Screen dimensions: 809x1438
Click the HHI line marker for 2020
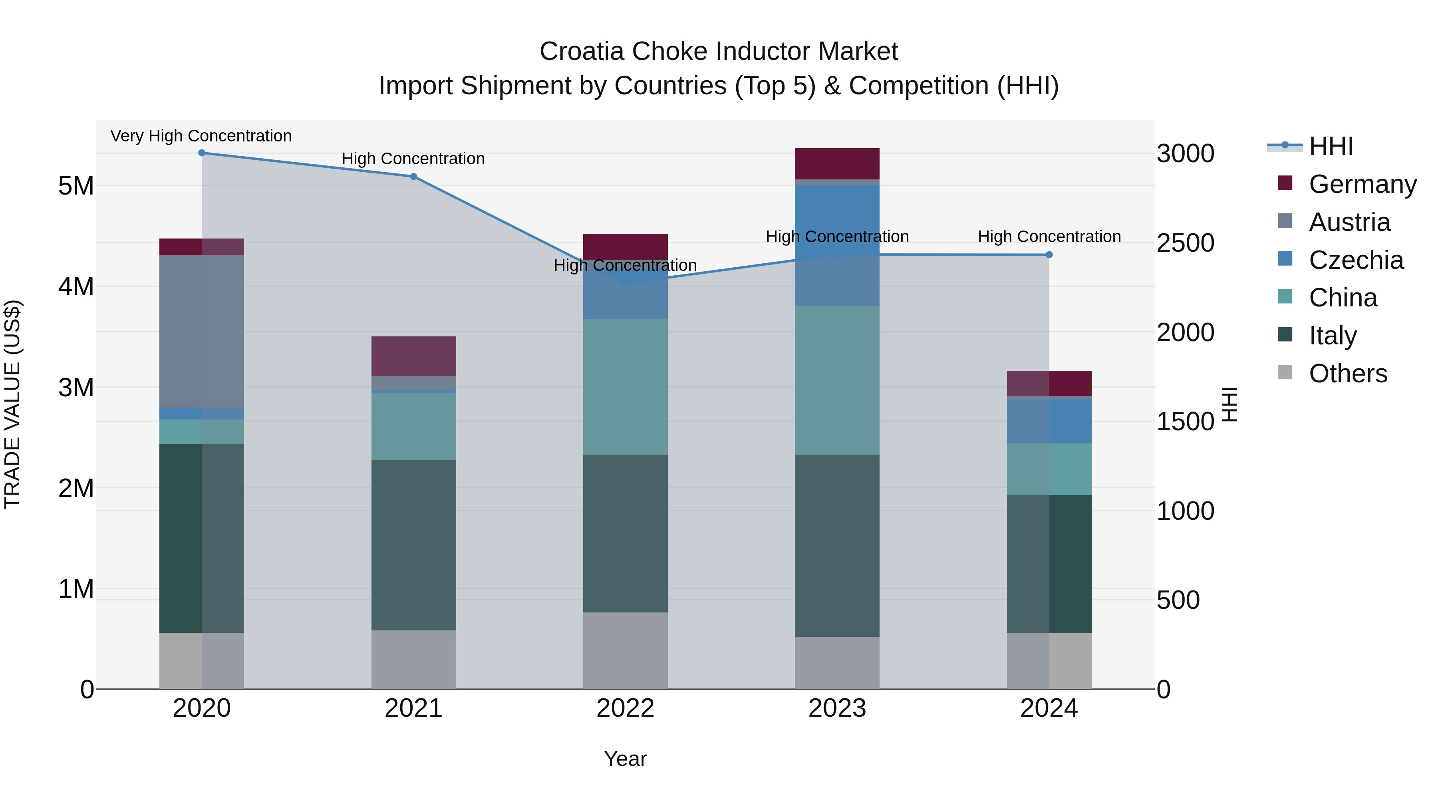click(x=202, y=153)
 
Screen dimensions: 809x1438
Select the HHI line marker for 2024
click(x=1049, y=254)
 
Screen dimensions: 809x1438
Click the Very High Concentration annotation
click(x=201, y=136)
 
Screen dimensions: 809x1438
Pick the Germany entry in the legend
click(x=1362, y=184)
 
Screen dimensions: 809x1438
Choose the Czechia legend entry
click(x=1355, y=260)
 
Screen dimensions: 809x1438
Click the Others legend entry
click(x=1348, y=374)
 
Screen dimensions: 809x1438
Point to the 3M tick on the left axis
click(x=76, y=388)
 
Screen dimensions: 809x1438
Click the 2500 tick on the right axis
click(x=1185, y=243)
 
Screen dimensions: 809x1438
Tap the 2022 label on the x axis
click(x=625, y=708)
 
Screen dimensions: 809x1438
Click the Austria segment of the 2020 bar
click(x=202, y=331)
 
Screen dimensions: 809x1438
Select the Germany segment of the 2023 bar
click(x=837, y=163)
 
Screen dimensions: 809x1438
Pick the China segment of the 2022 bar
click(x=625, y=387)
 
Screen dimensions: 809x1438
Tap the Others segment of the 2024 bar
click(x=1049, y=661)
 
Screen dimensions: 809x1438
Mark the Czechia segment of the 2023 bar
click(x=837, y=245)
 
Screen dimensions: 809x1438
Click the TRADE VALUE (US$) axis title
click(x=12, y=404)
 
